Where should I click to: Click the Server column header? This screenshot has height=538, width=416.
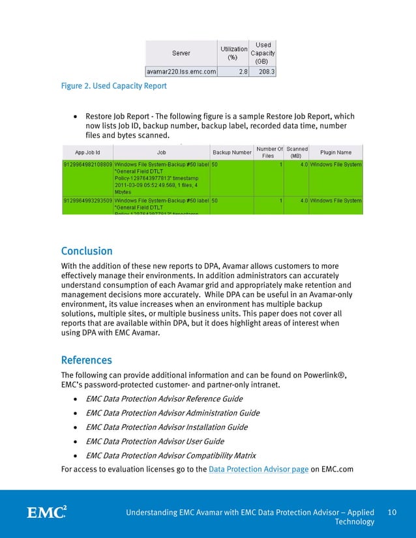pos(181,53)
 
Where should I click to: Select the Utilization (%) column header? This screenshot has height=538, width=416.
pos(233,53)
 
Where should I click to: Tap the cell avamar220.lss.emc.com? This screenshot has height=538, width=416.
pos(181,72)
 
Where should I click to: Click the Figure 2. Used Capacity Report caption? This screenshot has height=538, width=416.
pos(113,85)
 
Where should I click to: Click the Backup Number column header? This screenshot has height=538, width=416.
pos(232,152)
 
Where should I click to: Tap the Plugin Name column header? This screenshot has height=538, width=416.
pos(336,152)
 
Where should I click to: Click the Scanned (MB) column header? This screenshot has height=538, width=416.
pos(297,152)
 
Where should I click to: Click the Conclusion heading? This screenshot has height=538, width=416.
pos(87,251)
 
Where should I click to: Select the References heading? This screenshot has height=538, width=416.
pos(86,360)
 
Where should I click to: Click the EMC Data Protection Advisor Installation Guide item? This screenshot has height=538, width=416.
pos(166,427)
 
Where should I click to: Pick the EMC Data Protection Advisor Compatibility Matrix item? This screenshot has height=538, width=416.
pos(171,455)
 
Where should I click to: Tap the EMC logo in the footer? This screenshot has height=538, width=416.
pos(46,512)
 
